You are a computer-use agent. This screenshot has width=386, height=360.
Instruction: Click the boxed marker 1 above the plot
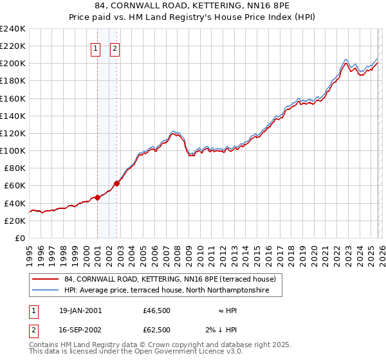(95, 49)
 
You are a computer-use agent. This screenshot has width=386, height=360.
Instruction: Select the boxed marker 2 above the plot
(115, 49)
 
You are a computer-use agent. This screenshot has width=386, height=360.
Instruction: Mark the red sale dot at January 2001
(97, 197)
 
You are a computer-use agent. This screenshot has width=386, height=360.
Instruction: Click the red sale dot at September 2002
(116, 183)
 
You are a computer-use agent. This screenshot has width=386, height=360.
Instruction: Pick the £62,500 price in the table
(156, 329)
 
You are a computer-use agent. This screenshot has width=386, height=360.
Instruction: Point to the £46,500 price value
(156, 310)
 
